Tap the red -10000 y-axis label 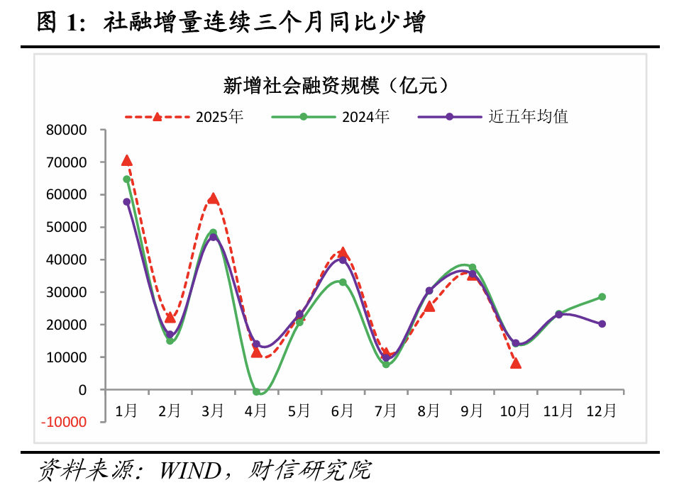[x=65, y=423]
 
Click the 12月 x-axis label [x=602, y=410]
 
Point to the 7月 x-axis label [x=385, y=410]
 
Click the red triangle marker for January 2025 [x=126, y=160]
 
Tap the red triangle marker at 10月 [x=516, y=363]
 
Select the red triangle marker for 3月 [x=213, y=198]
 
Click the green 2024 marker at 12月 [x=602, y=296]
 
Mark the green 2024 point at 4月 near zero [x=256, y=391]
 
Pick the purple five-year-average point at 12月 [x=602, y=323]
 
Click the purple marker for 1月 [x=126, y=201]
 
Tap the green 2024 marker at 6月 [x=343, y=282]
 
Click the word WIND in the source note [x=188, y=469]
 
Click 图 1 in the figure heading [x=56, y=23]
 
